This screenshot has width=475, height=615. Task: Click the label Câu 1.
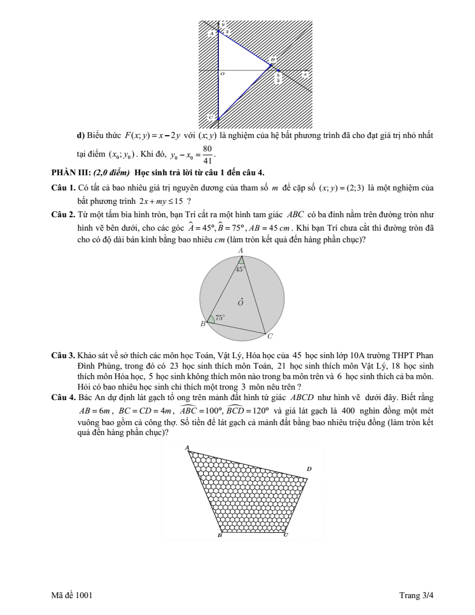pos(63,188)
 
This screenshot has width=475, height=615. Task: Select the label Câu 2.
pos(63,214)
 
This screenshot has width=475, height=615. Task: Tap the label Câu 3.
pos(63,356)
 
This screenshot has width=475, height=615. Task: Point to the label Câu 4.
pos(63,397)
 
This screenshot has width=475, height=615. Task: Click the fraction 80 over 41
pos(208,154)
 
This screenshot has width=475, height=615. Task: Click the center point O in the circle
pos(241,303)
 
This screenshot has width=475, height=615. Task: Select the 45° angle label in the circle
pos(240,269)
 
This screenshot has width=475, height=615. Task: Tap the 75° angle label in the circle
pos(220,317)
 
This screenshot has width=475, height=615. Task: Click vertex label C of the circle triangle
pos(270,337)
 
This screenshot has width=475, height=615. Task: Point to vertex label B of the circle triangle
pos(203,324)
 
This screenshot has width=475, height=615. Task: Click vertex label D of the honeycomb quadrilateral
pos(309,469)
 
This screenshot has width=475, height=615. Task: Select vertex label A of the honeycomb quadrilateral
pos(186,447)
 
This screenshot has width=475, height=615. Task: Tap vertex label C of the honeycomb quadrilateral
pos(286,535)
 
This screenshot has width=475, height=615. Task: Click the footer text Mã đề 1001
pos(72,595)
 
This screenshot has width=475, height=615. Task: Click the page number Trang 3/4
pos(416,595)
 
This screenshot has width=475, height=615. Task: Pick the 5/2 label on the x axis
pos(278,77)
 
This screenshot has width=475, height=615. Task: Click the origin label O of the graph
pos(222,74)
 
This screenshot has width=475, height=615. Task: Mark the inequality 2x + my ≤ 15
pos(161,202)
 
